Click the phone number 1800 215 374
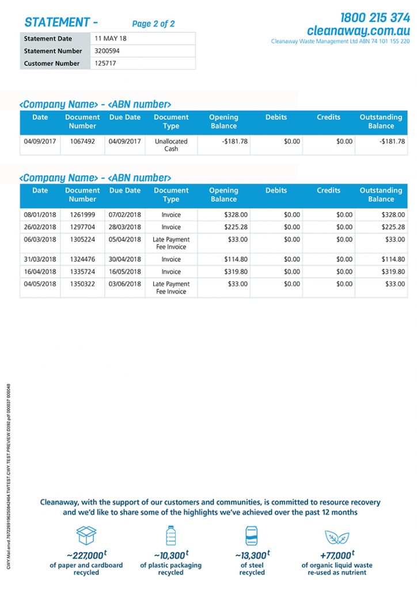(x=375, y=17)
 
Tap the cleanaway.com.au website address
(x=358, y=30)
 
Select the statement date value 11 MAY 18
(x=111, y=39)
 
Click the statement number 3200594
(x=108, y=51)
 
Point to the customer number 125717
(x=105, y=63)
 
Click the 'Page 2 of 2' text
(x=153, y=24)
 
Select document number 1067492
(x=82, y=141)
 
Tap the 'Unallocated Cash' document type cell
(x=171, y=145)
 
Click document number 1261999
(x=82, y=215)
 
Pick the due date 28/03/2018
(x=124, y=227)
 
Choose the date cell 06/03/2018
(x=40, y=239)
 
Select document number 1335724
(x=82, y=271)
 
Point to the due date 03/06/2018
(x=124, y=284)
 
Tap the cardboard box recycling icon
(x=86, y=536)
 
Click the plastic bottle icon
(x=170, y=536)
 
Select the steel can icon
(x=252, y=536)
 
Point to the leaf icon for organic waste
(x=336, y=537)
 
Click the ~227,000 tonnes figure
(x=86, y=555)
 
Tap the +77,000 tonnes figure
(x=336, y=555)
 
